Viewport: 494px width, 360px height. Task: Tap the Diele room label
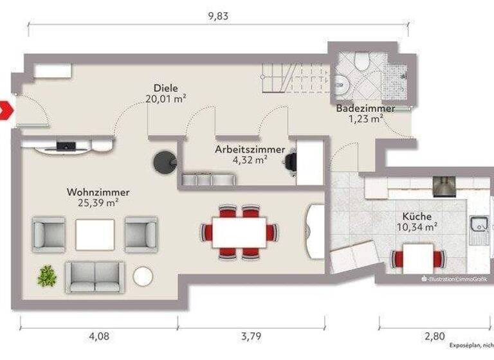pyautogui.click(x=165, y=88)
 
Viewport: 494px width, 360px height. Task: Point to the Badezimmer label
pyautogui.click(x=365, y=109)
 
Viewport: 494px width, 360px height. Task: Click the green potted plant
pyautogui.click(x=47, y=276)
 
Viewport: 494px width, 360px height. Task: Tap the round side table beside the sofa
pyautogui.click(x=142, y=276)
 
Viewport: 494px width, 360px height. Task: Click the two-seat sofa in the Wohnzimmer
pyautogui.click(x=95, y=277)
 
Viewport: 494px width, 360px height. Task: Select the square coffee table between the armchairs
pyautogui.click(x=95, y=234)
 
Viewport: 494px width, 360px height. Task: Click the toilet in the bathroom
pyautogui.click(x=361, y=61)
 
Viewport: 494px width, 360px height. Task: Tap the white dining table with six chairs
pyautogui.click(x=239, y=232)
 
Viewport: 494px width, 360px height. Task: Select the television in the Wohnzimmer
pyautogui.click(x=65, y=147)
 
